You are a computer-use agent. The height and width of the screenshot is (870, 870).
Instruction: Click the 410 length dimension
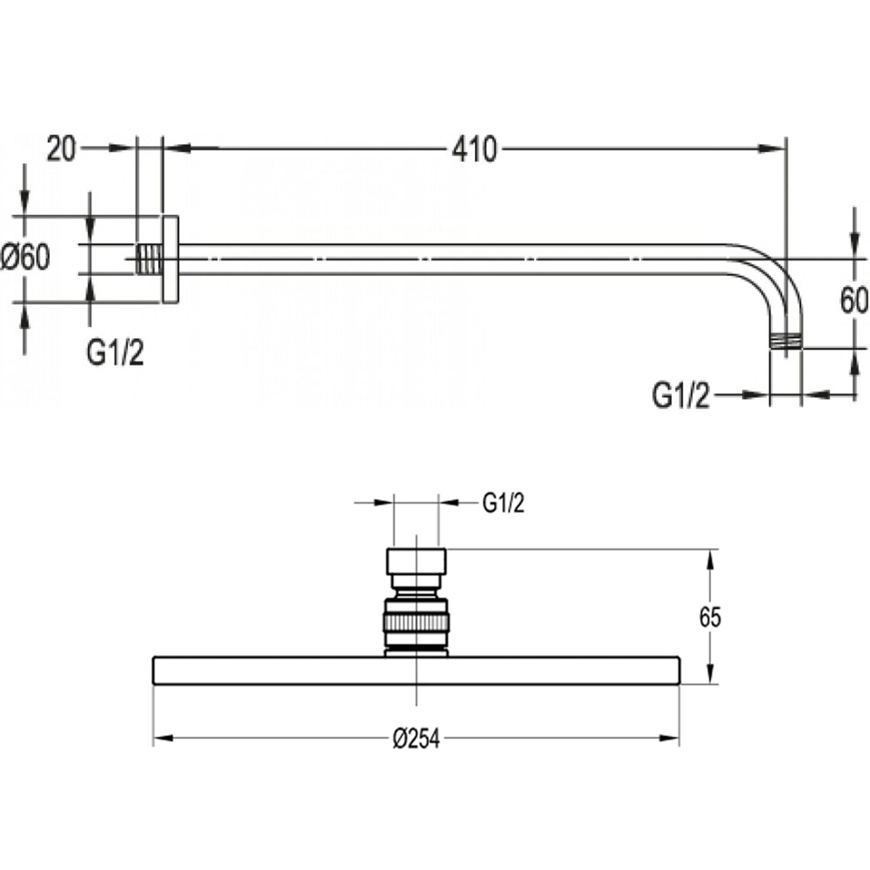(x=474, y=149)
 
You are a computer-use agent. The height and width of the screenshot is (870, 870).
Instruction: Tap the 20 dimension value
(x=60, y=149)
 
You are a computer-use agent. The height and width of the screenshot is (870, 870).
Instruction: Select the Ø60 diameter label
(x=26, y=257)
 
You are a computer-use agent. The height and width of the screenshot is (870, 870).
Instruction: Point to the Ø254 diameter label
(x=416, y=739)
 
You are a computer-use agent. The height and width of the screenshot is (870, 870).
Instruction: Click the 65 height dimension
(x=710, y=618)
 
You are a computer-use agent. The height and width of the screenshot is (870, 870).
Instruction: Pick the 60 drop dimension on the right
(x=854, y=301)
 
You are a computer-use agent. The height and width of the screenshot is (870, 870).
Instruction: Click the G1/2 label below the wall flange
(x=115, y=353)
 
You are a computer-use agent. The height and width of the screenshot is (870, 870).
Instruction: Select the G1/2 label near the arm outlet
(x=681, y=396)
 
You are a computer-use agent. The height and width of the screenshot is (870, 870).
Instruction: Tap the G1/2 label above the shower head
(x=504, y=504)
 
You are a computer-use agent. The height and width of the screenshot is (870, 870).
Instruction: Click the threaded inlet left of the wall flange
(x=148, y=258)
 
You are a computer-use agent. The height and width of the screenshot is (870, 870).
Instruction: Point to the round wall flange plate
(x=170, y=259)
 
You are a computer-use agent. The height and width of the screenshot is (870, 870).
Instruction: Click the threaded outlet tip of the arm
(x=786, y=341)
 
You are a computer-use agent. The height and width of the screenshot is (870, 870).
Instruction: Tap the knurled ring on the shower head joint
(x=417, y=623)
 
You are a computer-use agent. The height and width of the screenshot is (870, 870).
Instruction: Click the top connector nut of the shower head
(x=417, y=561)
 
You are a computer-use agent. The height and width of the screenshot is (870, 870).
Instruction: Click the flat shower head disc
(x=417, y=671)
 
